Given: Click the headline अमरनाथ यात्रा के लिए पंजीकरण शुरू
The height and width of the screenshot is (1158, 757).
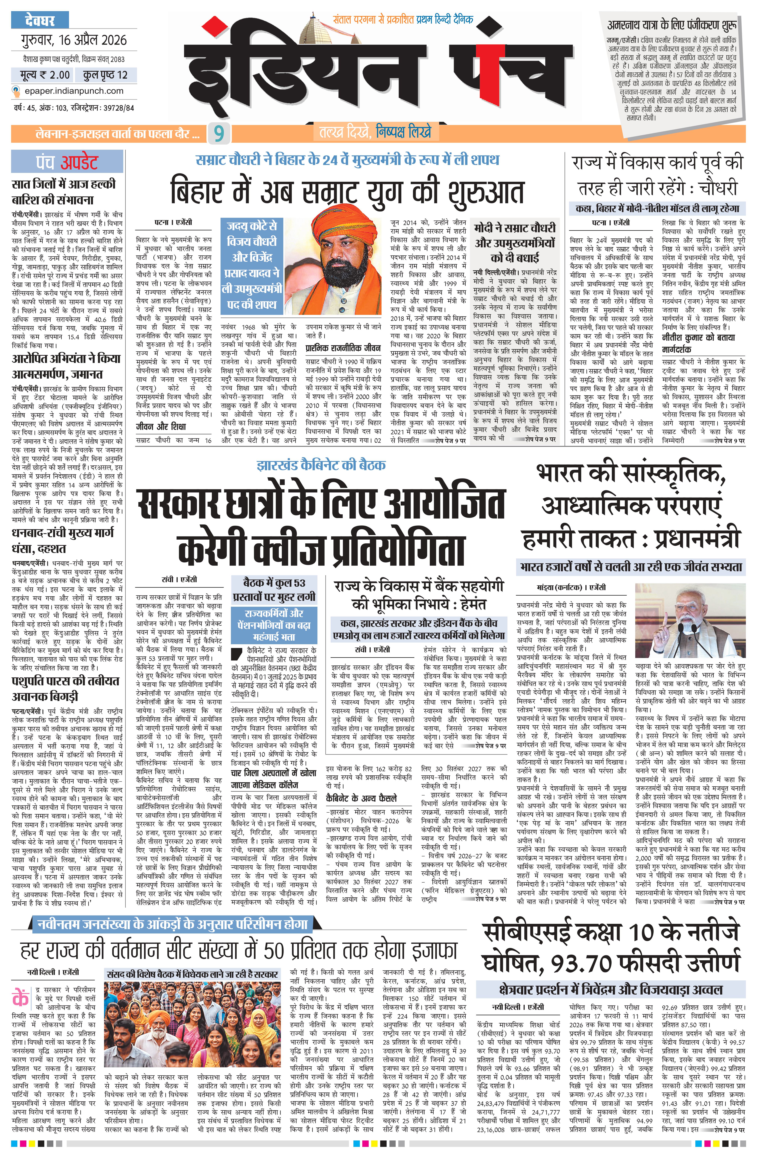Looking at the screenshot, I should point(672,25).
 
